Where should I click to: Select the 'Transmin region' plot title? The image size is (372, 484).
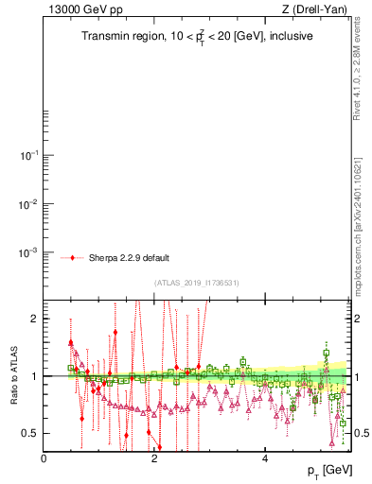(196, 37)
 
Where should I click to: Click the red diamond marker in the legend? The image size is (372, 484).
(74, 257)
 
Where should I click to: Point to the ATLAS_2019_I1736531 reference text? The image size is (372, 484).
(197, 283)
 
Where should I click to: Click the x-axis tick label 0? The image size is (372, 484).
(44, 458)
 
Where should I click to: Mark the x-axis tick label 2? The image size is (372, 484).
(154, 458)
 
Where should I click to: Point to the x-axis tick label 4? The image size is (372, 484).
(265, 458)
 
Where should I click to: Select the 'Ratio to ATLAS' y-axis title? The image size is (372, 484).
(12, 376)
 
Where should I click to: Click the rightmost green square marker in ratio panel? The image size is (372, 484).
(343, 423)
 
